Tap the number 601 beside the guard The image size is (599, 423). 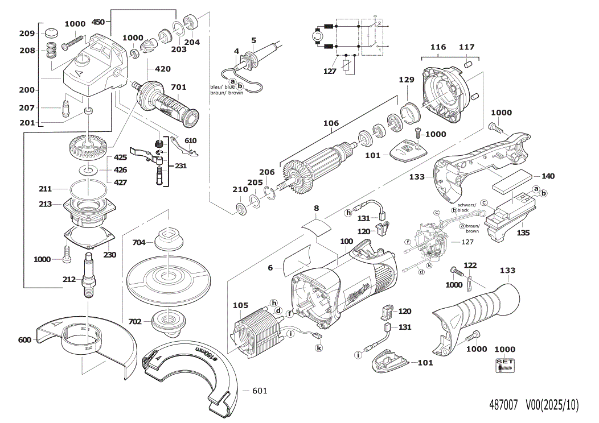[259, 391]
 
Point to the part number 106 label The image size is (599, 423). [331, 123]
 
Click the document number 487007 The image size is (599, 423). [503, 405]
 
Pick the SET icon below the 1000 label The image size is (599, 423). [504, 365]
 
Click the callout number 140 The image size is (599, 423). [547, 176]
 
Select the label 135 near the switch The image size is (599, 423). [523, 233]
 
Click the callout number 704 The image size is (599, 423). [139, 242]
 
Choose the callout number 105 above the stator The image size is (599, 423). [241, 306]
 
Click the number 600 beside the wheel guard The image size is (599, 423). [24, 340]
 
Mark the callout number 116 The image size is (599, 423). [438, 47]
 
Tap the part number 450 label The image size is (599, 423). [98, 22]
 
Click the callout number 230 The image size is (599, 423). [109, 255]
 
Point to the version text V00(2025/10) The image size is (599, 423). [551, 405]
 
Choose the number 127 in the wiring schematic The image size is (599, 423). [330, 71]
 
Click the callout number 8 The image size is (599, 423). [317, 209]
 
